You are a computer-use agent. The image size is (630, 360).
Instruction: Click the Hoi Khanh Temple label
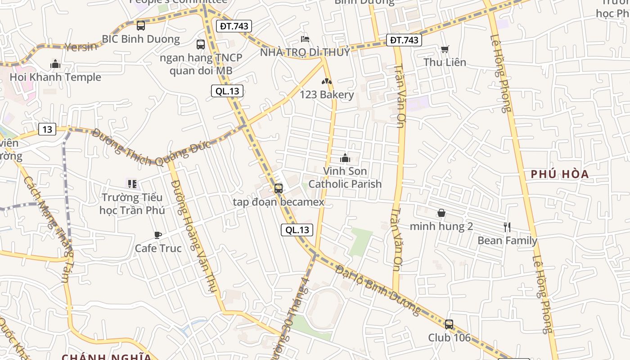point(55,77)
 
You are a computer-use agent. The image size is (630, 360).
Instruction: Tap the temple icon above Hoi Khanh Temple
point(55,64)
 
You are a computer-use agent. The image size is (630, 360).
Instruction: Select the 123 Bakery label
point(327,94)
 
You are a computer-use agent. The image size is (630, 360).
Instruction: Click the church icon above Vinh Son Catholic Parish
point(345,158)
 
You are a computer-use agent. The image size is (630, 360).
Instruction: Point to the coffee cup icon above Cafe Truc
point(158,235)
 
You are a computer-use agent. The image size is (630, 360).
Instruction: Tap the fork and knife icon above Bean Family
point(507,227)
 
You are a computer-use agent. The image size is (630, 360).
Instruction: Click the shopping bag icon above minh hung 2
point(441,213)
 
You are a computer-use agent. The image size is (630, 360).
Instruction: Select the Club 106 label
point(449,337)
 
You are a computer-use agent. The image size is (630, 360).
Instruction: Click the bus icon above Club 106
point(449,324)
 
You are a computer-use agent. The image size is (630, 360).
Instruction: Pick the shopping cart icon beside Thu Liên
point(445,49)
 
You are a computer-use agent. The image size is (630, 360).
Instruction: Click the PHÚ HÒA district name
point(560,174)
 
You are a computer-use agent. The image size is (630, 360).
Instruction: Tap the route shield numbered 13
point(47,130)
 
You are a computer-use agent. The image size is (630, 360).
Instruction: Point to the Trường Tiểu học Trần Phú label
point(132,204)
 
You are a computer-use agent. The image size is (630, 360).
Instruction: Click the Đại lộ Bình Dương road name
point(378,291)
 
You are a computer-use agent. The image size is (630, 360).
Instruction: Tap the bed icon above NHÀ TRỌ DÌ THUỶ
point(305,39)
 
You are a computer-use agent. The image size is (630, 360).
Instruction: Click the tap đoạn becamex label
point(279,202)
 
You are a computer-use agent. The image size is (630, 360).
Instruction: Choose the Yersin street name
point(81,46)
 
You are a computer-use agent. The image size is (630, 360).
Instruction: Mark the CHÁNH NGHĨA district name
point(107,357)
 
